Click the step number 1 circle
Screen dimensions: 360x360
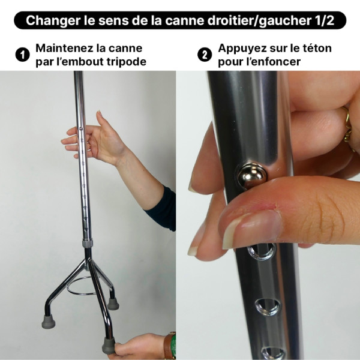point(22,55)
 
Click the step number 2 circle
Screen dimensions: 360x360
point(205,55)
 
